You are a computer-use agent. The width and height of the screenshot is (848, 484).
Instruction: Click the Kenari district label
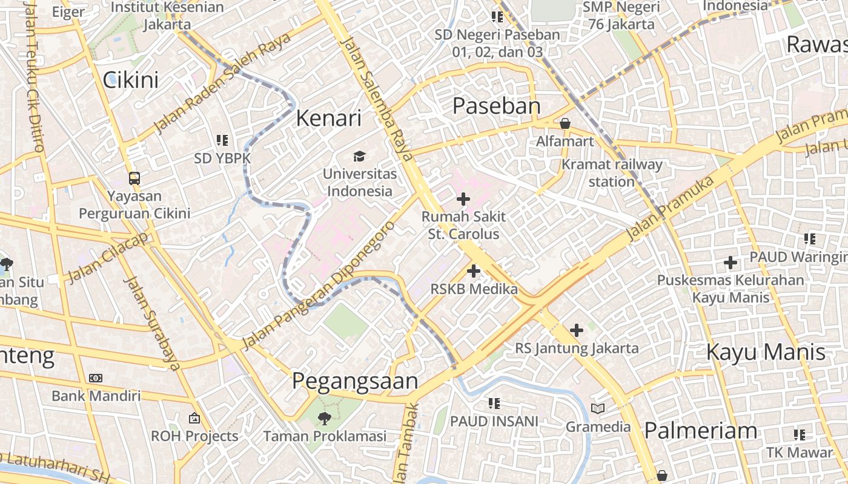coord(328,118)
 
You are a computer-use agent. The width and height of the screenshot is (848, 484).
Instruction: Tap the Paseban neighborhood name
coord(497,106)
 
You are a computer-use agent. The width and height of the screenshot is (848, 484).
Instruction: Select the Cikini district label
coord(130,80)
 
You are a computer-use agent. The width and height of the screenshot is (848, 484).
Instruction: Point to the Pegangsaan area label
coord(355,381)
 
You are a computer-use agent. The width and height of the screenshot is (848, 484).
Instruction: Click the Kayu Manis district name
coord(766,352)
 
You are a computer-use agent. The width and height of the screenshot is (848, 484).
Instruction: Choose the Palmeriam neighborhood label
coord(700,431)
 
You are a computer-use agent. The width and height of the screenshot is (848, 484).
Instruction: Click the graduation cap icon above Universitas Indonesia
coord(359,157)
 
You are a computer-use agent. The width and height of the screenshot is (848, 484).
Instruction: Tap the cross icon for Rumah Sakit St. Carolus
coord(463,198)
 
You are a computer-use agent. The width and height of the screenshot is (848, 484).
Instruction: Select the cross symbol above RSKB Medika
coord(474,271)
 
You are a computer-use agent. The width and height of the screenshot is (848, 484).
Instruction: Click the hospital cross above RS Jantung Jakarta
coord(577,330)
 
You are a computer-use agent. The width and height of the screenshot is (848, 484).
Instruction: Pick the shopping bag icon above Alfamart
coord(565,123)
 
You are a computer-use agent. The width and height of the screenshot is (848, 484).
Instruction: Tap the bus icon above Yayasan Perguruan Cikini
coord(134,178)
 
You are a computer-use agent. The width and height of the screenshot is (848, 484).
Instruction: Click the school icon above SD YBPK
coord(222,140)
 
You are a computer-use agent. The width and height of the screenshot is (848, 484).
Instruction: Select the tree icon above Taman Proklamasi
coord(325,418)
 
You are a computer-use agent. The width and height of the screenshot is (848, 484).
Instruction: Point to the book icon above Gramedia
coord(598,409)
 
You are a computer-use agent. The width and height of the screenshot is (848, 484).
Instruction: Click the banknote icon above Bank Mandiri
coord(96,378)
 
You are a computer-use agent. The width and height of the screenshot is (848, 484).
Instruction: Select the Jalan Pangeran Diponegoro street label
coord(318,286)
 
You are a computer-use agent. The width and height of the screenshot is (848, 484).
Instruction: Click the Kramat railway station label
coord(612,172)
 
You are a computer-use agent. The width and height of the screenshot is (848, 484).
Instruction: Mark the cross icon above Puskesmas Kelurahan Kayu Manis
coord(730,263)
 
